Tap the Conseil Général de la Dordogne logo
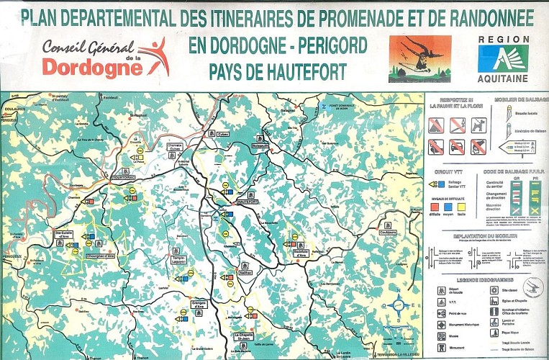click(104, 57)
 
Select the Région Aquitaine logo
click(503, 58)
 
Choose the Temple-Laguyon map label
click(180, 260)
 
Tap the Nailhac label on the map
click(246, 273)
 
